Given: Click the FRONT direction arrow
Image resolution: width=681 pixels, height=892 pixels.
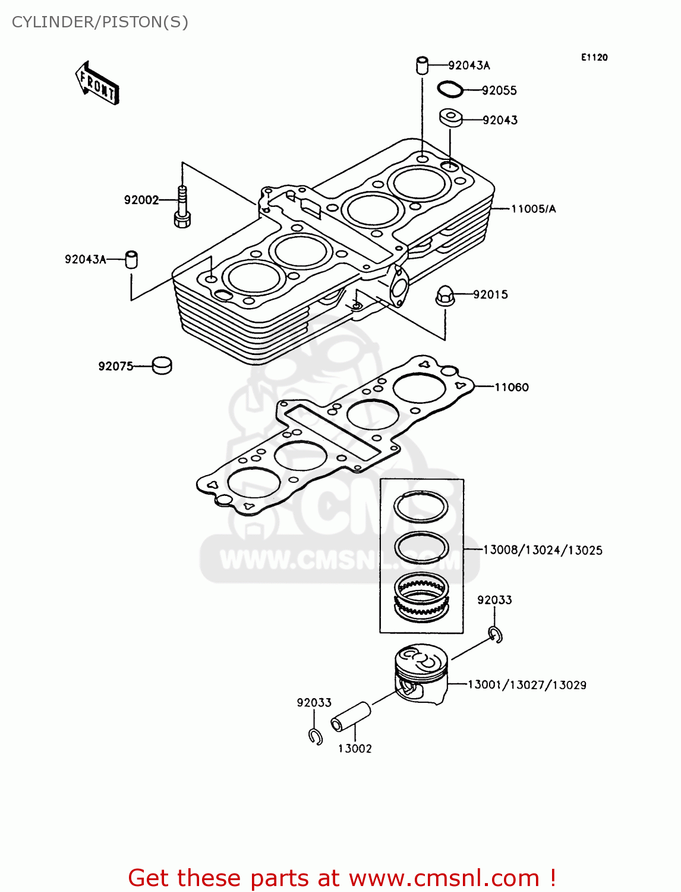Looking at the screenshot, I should pyautogui.click(x=97, y=84).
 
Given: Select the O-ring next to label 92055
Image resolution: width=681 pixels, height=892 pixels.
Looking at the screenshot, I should pyautogui.click(x=450, y=89).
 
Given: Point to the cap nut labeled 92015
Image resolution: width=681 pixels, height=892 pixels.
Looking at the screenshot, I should pyautogui.click(x=445, y=295).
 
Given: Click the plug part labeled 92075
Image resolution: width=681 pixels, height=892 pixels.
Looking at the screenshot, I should pyautogui.click(x=162, y=365).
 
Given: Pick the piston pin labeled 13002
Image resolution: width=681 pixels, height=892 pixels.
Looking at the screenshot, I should pyautogui.click(x=351, y=716).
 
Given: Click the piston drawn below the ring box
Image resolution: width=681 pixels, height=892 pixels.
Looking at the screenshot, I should pyautogui.click(x=421, y=674).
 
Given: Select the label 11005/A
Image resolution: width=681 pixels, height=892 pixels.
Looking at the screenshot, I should pyautogui.click(x=533, y=209).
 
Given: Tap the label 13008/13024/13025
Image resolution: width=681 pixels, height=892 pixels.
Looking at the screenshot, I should pyautogui.click(x=542, y=550).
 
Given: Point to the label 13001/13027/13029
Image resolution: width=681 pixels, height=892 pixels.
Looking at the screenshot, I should pyautogui.click(x=526, y=684).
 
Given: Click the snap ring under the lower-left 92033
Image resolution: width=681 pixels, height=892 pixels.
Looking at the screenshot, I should pyautogui.click(x=315, y=736).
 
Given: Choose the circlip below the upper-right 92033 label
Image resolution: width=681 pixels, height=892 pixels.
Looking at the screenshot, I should pyautogui.click(x=496, y=635).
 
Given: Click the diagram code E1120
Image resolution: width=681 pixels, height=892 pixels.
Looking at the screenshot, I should pyautogui.click(x=594, y=57).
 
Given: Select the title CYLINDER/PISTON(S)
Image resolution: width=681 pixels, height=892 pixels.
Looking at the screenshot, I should pyautogui.click(x=100, y=22).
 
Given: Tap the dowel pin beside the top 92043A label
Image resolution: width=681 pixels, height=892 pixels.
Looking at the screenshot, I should pyautogui.click(x=422, y=65).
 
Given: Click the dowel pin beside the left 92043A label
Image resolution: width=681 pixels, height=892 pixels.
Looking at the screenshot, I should pyautogui.click(x=131, y=259).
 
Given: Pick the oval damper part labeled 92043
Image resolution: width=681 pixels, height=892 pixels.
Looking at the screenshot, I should pyautogui.click(x=450, y=117).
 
